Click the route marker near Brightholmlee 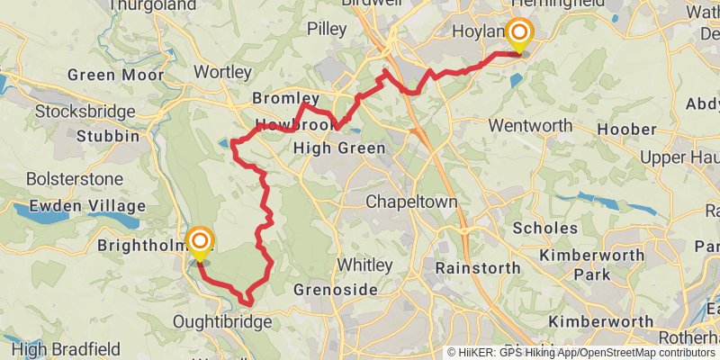pos(200,241)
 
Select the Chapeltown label pos(411,202)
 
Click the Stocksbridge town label pos(85,112)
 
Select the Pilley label pos(326,29)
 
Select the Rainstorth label pos(477,267)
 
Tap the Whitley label pos(364,265)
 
